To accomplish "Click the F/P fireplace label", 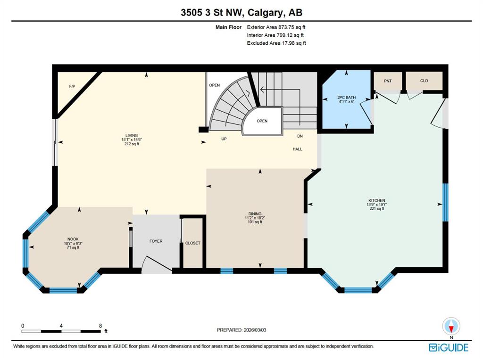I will click(72, 87).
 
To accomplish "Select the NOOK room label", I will click(72, 239).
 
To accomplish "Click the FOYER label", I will click(156, 241).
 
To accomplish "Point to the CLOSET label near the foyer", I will click(192, 243).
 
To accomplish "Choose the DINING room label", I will click(255, 214).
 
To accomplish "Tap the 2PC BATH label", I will click(347, 98).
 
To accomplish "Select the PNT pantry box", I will click(388, 81).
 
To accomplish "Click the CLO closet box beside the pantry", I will click(424, 81).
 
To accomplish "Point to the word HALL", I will click(297, 149).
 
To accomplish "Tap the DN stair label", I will click(300, 136).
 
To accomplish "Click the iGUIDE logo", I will click(449, 348).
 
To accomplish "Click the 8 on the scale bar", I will click(100, 326).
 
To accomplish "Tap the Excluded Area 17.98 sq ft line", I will click(276, 43).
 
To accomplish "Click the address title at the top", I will click(241, 13).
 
